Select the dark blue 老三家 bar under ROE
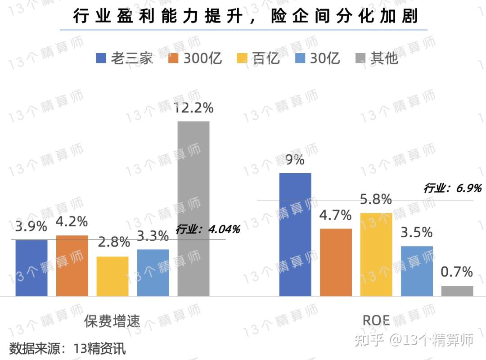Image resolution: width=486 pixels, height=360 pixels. (x=295, y=234)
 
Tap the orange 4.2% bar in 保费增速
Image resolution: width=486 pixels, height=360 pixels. (x=72, y=265)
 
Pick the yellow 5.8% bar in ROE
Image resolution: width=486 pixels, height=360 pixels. (x=376, y=254)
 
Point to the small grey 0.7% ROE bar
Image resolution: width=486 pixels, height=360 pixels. (x=457, y=291)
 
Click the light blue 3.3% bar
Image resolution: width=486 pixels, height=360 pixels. (x=153, y=272)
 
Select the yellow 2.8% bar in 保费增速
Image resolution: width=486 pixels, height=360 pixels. (x=112, y=276)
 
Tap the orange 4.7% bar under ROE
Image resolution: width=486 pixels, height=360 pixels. (x=336, y=262)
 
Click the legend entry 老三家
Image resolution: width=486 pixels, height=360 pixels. (x=125, y=58)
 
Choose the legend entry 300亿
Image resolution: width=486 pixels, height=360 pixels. (x=195, y=58)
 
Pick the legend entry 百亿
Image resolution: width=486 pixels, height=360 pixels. (x=258, y=58)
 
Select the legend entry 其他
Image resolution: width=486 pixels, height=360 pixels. (x=377, y=58)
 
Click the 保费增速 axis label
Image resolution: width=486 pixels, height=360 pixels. (x=112, y=321)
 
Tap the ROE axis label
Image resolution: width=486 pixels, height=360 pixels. (x=376, y=320)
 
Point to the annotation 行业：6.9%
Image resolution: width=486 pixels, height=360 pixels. (x=452, y=188)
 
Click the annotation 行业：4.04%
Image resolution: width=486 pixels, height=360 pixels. (x=208, y=229)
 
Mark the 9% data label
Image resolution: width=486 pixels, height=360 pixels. (x=295, y=160)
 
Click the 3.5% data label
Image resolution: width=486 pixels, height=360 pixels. (x=417, y=233)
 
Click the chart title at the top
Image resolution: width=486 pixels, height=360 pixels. (x=245, y=17)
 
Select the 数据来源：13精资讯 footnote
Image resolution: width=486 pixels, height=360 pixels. (x=67, y=348)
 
